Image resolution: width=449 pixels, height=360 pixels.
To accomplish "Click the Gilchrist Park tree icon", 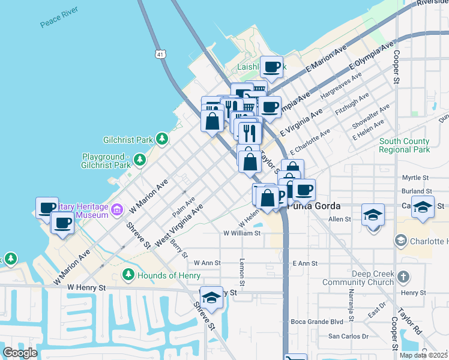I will (x=161, y=139).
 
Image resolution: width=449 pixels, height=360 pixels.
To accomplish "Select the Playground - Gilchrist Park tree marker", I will (x=140, y=160).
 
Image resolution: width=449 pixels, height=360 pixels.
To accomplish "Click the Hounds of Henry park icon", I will (x=128, y=275).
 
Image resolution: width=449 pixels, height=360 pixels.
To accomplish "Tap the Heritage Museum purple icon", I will (x=117, y=209).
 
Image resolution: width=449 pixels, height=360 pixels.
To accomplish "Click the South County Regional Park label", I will (x=405, y=145).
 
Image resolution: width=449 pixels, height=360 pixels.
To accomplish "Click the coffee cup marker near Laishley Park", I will (x=271, y=67).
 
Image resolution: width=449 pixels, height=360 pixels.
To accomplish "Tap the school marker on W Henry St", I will (x=211, y=297).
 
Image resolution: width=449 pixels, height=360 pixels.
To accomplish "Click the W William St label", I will (x=242, y=233).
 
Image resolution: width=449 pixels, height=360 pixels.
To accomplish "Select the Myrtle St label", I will (x=415, y=178).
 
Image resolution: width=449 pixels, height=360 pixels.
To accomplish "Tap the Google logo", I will (x=20, y=352).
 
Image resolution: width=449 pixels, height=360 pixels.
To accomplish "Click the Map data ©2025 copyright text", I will (x=424, y=355).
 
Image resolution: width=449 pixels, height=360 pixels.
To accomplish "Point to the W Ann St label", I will (x=207, y=263).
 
